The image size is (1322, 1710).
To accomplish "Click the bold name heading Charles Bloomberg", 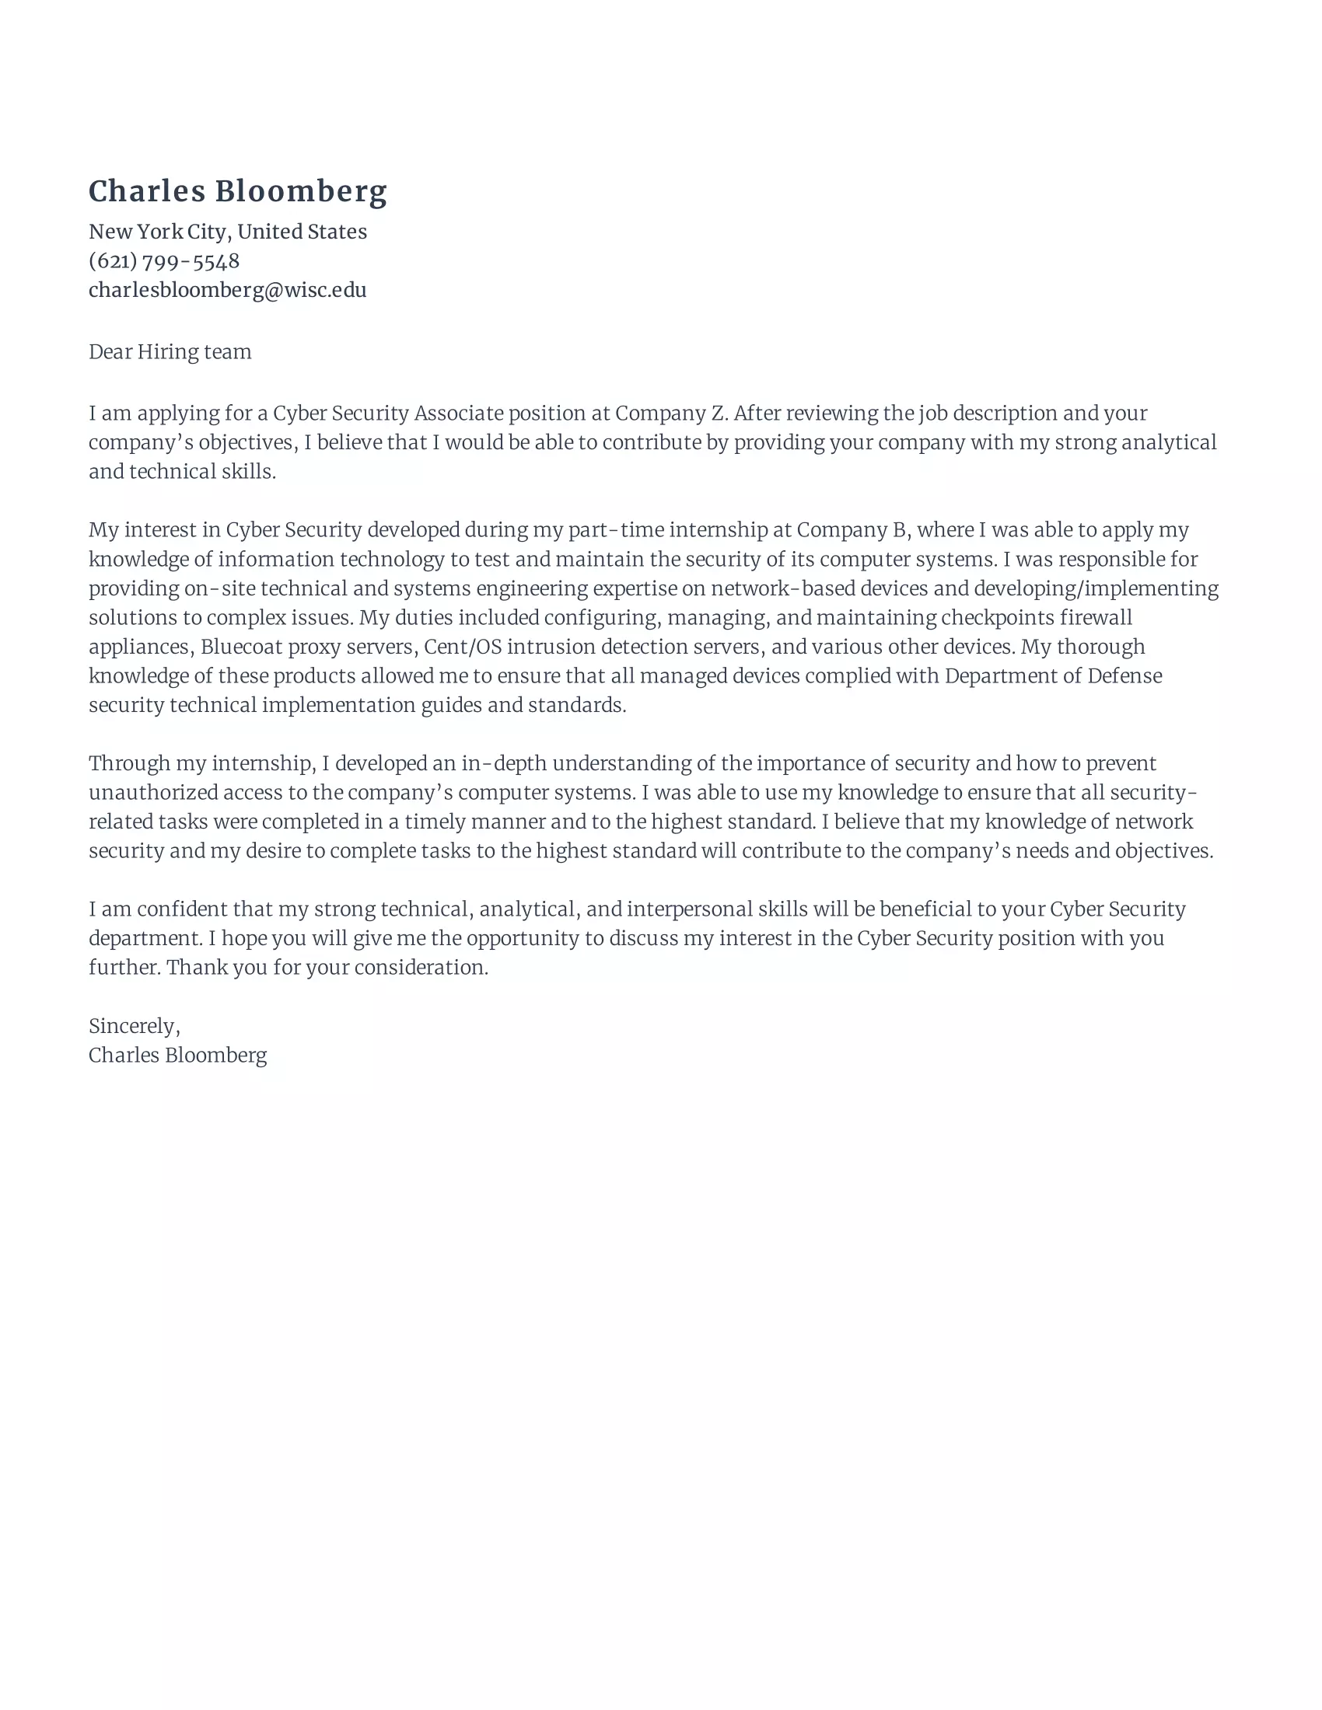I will [237, 191].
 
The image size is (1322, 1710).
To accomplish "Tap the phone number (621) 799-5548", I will [163, 260].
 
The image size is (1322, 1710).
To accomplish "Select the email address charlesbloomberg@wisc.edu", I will [227, 291].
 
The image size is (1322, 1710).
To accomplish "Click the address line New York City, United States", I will [227, 232].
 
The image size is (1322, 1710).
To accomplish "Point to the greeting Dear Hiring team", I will [170, 352].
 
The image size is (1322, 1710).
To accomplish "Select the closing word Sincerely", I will [133, 1026].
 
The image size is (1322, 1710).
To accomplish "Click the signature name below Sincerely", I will [178, 1056].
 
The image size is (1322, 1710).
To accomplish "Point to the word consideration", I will [421, 968].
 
